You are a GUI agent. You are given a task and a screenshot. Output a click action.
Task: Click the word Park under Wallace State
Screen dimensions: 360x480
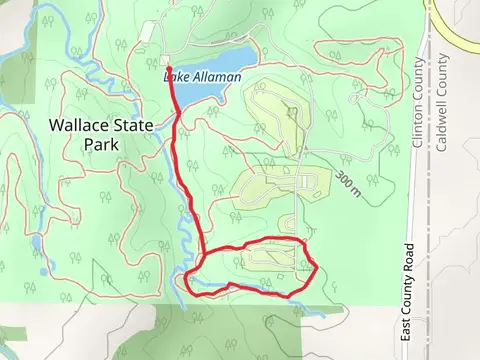point(102,144)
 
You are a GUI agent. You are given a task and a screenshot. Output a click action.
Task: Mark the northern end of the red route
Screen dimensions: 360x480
point(167,67)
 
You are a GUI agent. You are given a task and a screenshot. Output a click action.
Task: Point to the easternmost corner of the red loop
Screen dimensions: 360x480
point(316,266)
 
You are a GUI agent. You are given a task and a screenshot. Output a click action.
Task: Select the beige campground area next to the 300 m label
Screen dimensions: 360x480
point(290,184)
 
